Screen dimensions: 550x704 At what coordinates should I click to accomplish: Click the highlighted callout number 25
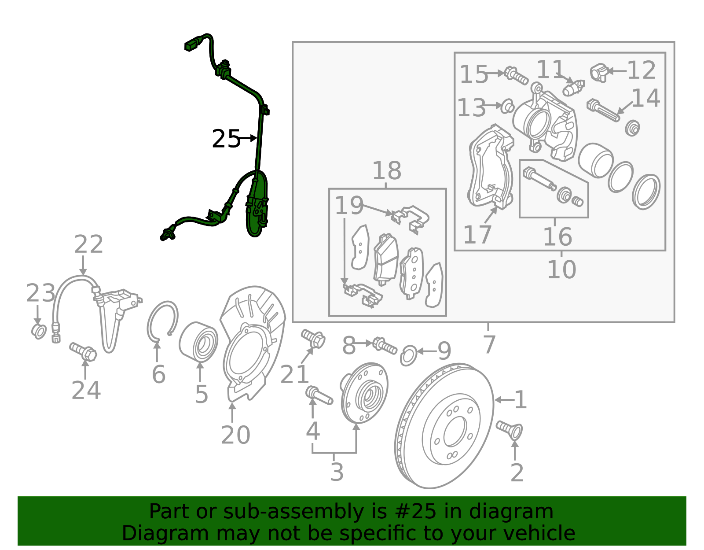pyautogui.click(x=226, y=139)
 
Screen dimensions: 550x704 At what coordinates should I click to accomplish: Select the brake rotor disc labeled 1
pyautogui.click(x=444, y=426)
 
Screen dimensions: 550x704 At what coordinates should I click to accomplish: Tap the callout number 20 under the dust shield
pyautogui.click(x=235, y=435)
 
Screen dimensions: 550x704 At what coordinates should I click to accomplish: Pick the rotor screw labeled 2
pyautogui.click(x=510, y=429)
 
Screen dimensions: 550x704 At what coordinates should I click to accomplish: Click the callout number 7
pyautogui.click(x=489, y=344)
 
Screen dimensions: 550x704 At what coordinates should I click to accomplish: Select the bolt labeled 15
pyautogui.click(x=516, y=75)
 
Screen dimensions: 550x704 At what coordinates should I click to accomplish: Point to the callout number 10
pyautogui.click(x=561, y=269)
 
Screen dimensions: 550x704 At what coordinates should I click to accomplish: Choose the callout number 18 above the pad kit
pyautogui.click(x=387, y=170)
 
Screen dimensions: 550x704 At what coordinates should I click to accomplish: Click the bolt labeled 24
pyautogui.click(x=84, y=352)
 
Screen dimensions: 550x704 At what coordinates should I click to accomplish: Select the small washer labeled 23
pyautogui.click(x=39, y=331)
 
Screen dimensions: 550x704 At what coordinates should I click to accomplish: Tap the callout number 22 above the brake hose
pyautogui.click(x=88, y=244)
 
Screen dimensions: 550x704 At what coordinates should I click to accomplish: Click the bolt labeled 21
pyautogui.click(x=314, y=339)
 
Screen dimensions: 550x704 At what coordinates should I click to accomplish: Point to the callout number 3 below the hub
pyautogui.click(x=337, y=472)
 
